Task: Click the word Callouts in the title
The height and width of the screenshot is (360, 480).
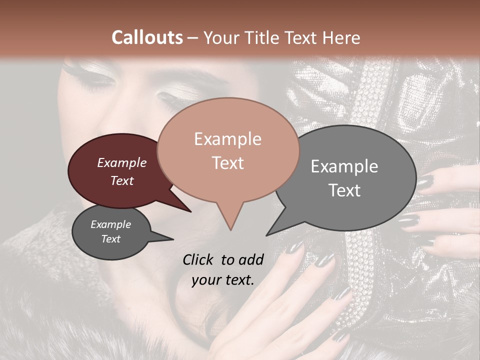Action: click(x=147, y=37)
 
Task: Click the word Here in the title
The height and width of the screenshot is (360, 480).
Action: click(x=342, y=37)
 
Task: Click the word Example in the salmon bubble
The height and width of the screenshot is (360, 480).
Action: click(x=227, y=139)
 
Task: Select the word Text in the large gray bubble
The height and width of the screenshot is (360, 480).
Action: click(x=345, y=190)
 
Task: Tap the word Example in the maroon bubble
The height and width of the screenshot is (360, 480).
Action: click(x=122, y=162)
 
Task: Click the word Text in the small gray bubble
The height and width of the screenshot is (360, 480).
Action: click(x=111, y=239)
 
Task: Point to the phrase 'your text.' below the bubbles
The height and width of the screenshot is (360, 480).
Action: click(x=223, y=280)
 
